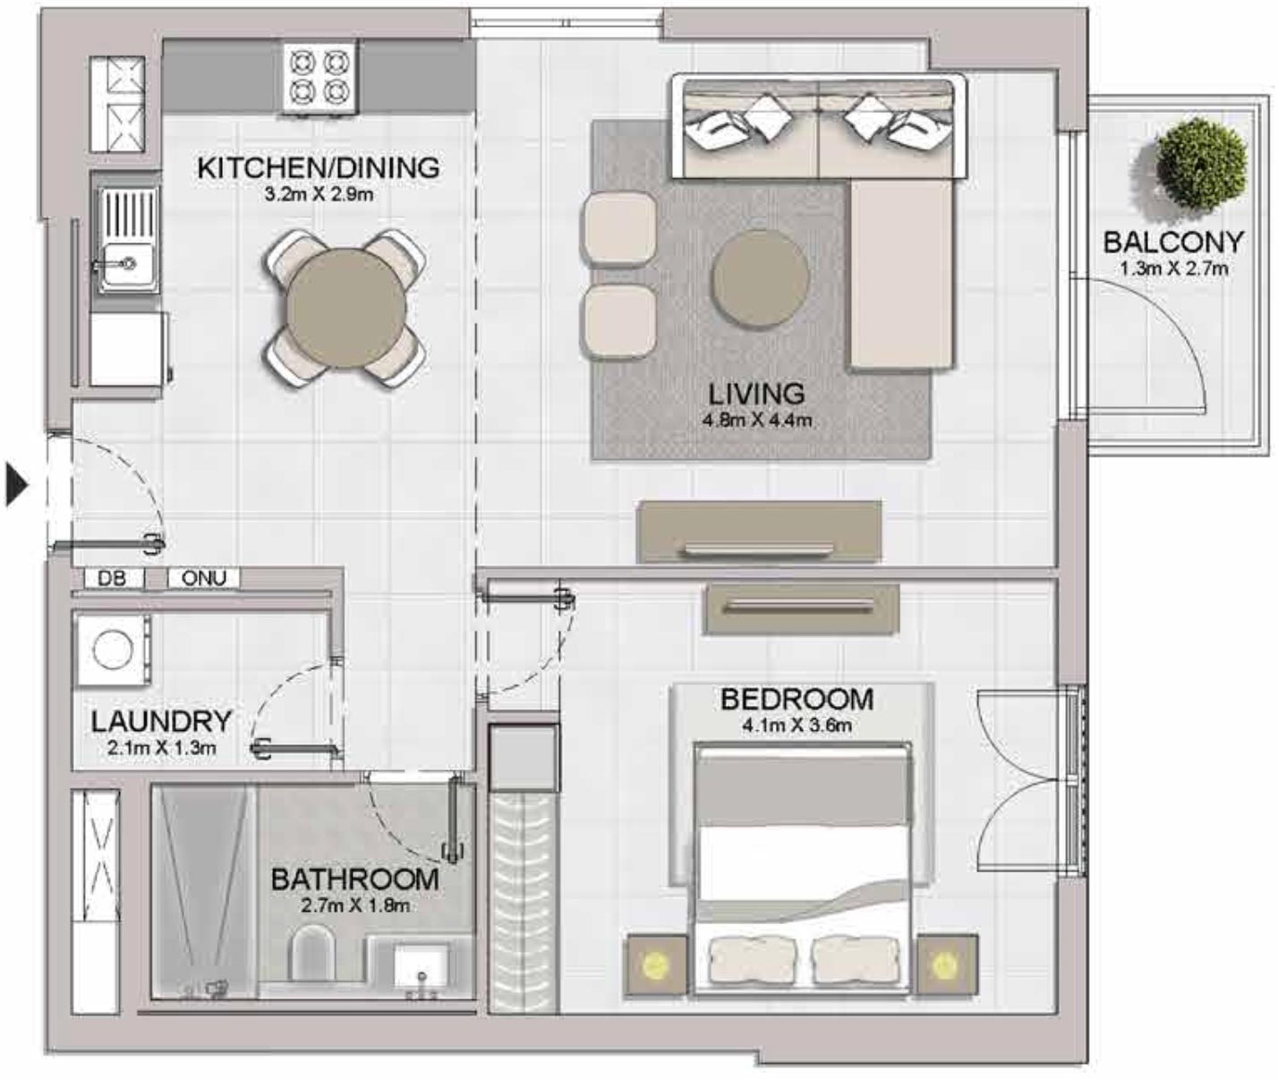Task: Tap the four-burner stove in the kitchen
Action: click(x=319, y=77)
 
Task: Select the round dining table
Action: click(x=345, y=307)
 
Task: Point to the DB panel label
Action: click(x=112, y=578)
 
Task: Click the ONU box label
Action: click(x=204, y=578)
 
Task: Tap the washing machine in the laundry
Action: click(x=112, y=650)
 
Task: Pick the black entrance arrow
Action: click(x=17, y=485)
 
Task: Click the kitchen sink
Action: click(x=126, y=240)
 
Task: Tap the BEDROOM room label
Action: click(x=797, y=700)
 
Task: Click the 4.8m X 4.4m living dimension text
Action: click(x=757, y=421)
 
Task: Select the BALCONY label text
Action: click(x=1173, y=242)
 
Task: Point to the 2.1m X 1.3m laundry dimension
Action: click(x=162, y=748)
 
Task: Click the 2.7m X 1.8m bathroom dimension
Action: click(x=355, y=905)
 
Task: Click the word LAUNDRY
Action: click(x=162, y=722)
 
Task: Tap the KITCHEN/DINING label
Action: click(x=319, y=167)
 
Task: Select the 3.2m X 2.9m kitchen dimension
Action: click(x=319, y=195)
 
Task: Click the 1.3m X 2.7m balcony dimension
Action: click(x=1173, y=268)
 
